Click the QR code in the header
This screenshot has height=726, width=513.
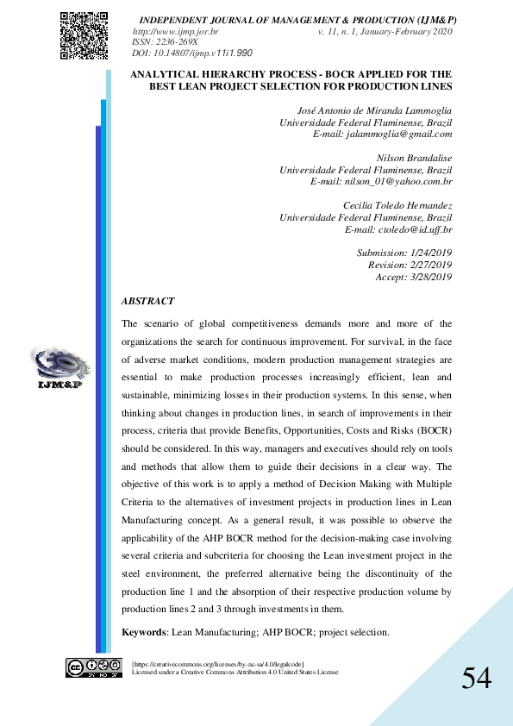point(84,34)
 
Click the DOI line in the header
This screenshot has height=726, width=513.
point(191,53)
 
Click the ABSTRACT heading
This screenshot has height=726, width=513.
point(147,302)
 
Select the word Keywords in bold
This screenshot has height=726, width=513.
point(144,633)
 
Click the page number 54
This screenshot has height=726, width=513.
point(476,679)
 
